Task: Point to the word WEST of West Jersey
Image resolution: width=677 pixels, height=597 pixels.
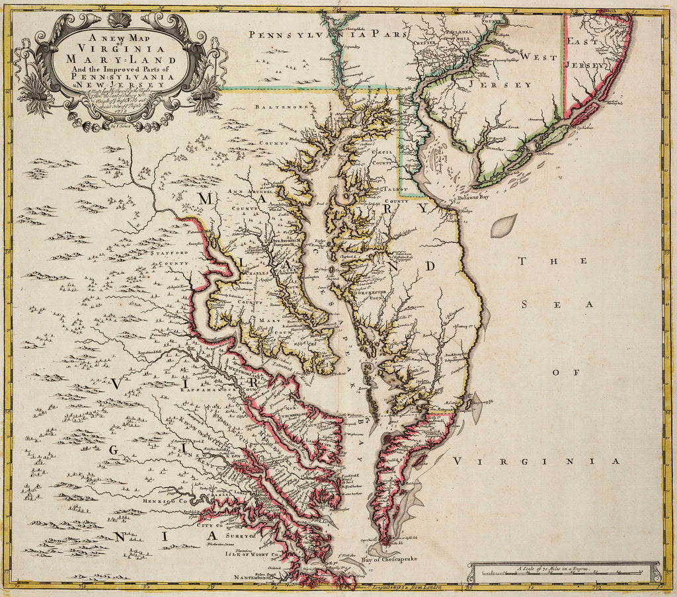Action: (538, 58)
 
